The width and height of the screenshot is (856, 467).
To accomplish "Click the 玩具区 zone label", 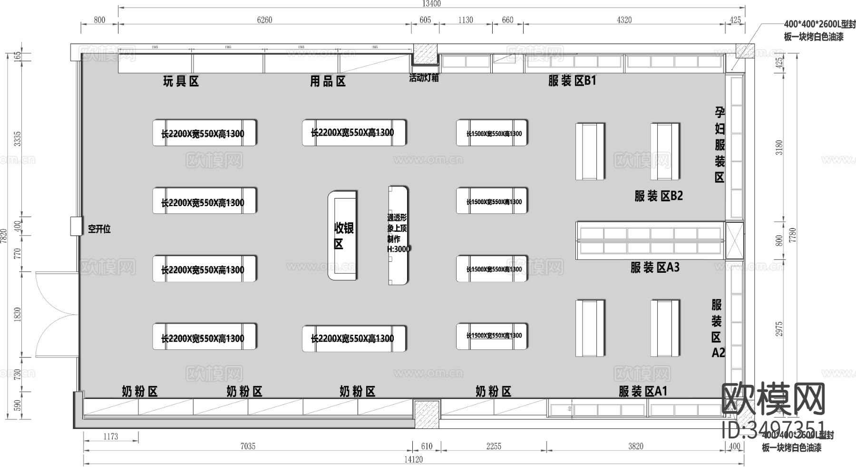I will pyautogui.click(x=181, y=81).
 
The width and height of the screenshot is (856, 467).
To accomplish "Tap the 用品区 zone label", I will pyautogui.click(x=328, y=81).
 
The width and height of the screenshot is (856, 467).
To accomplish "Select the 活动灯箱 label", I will pyautogui.click(x=424, y=78).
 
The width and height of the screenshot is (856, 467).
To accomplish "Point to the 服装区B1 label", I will pyautogui.click(x=572, y=81).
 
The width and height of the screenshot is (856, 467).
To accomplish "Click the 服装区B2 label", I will pyautogui.click(x=658, y=196).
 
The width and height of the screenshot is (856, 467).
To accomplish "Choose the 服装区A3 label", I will pyautogui.click(x=655, y=268).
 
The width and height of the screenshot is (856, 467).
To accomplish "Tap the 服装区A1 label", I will pyautogui.click(x=643, y=391).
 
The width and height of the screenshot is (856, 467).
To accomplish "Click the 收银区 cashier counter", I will pyautogui.click(x=343, y=236).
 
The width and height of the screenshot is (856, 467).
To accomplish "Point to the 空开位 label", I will pyautogui.click(x=99, y=229).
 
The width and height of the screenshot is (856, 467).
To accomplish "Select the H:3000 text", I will pyautogui.click(x=399, y=248).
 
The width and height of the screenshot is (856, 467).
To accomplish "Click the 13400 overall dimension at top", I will pyautogui.click(x=431, y=4).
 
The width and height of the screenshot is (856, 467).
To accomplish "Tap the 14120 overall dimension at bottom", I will pyautogui.click(x=413, y=459).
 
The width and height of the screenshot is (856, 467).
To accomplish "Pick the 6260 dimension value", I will pyautogui.click(x=264, y=20).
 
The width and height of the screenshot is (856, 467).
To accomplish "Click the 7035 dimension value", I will pyautogui.click(x=248, y=446).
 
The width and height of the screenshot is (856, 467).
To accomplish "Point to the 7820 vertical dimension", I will pyautogui.click(x=4, y=236).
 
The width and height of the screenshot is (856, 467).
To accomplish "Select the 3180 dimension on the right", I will pyautogui.click(x=779, y=148).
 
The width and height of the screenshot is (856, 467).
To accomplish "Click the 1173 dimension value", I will pyautogui.click(x=110, y=436).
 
